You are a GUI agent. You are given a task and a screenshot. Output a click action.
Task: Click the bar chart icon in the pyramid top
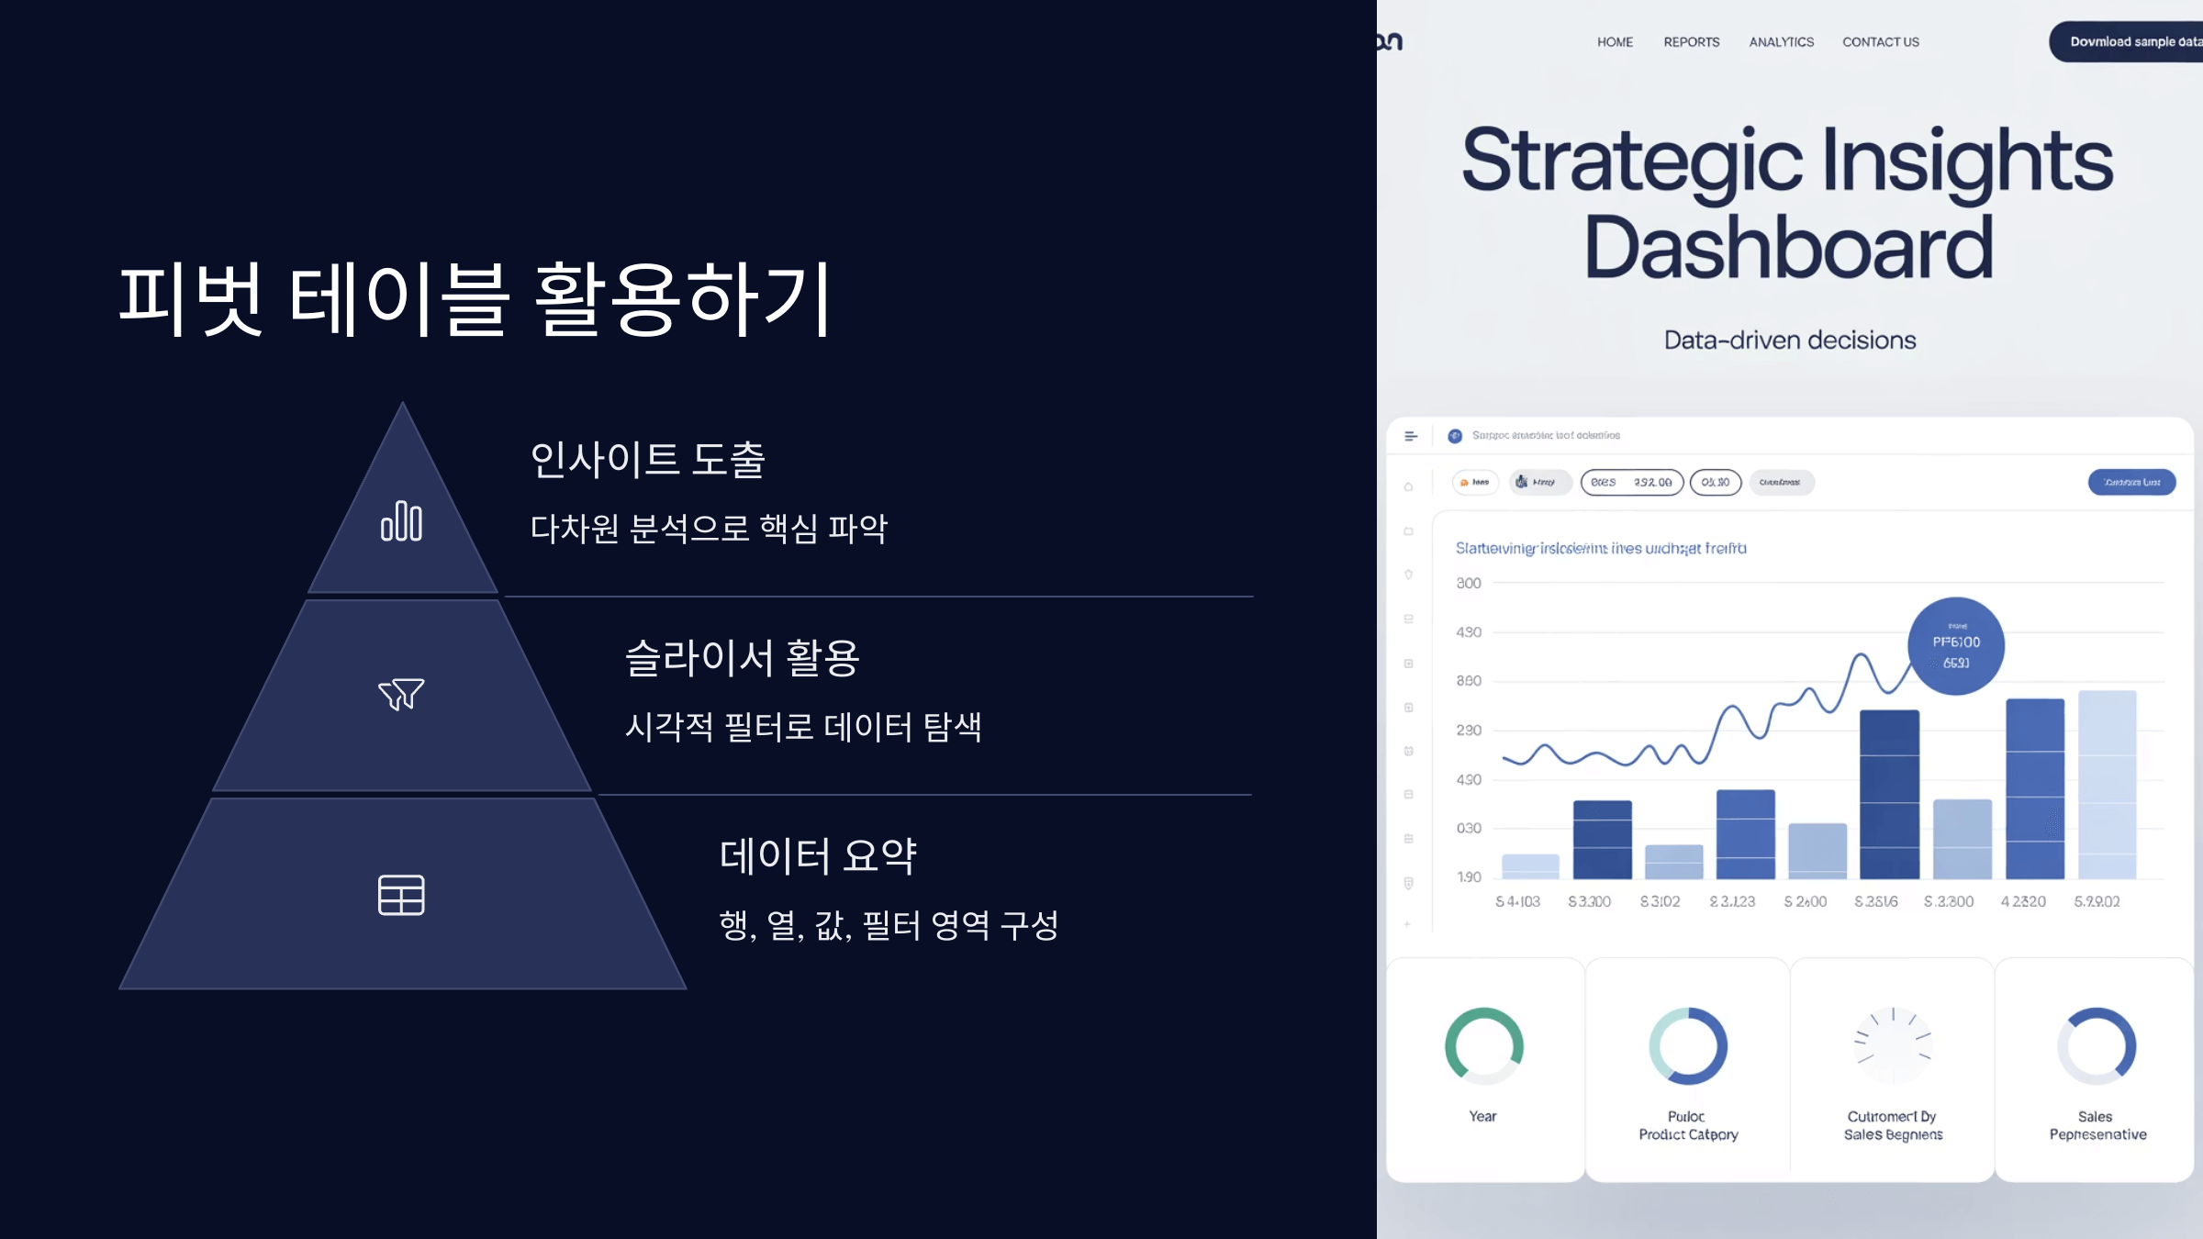click(x=401, y=521)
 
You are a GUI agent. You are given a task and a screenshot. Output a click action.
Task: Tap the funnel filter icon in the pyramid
click(x=401, y=694)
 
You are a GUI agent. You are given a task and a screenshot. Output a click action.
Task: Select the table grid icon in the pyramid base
click(x=401, y=895)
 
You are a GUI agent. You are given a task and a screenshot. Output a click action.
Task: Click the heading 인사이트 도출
click(x=647, y=459)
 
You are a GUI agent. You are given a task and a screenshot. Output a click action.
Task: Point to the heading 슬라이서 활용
click(x=742, y=657)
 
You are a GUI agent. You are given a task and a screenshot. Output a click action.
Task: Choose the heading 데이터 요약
click(x=818, y=855)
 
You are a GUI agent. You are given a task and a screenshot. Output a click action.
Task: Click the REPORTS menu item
click(x=1691, y=42)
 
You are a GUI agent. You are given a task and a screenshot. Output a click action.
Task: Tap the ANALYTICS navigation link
click(x=1781, y=42)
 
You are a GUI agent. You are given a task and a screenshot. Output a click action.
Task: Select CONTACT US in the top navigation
click(x=1880, y=42)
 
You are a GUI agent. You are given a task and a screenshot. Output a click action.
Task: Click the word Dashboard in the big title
click(x=1788, y=248)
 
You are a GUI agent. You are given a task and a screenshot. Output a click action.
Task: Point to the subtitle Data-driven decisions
click(x=1789, y=340)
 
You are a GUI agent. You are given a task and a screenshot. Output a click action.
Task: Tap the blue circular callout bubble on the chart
click(x=1955, y=646)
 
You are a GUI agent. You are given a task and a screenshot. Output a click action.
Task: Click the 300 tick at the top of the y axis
click(x=1468, y=584)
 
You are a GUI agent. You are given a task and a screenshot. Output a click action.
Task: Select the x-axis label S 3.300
click(x=1589, y=902)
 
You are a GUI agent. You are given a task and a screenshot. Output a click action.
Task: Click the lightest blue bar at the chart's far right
click(x=2107, y=785)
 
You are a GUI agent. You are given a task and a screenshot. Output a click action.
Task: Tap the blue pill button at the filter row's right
click(x=2131, y=483)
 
